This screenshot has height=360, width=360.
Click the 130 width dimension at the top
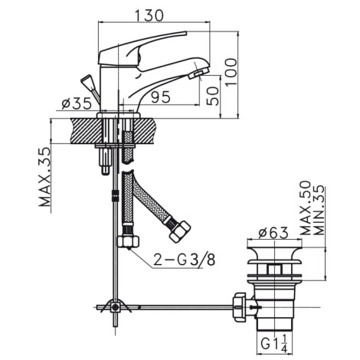point(149,15)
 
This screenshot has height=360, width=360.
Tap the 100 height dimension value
point(232,73)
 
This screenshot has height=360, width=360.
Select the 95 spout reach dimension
point(161,97)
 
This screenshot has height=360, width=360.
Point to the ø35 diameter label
point(77,103)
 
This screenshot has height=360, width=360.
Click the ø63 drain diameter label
point(273,232)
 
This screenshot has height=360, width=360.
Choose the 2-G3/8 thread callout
point(185,260)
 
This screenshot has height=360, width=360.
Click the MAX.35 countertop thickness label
point(45,177)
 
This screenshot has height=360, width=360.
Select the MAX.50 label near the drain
point(306,208)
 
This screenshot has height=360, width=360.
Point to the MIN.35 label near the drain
point(319,210)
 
